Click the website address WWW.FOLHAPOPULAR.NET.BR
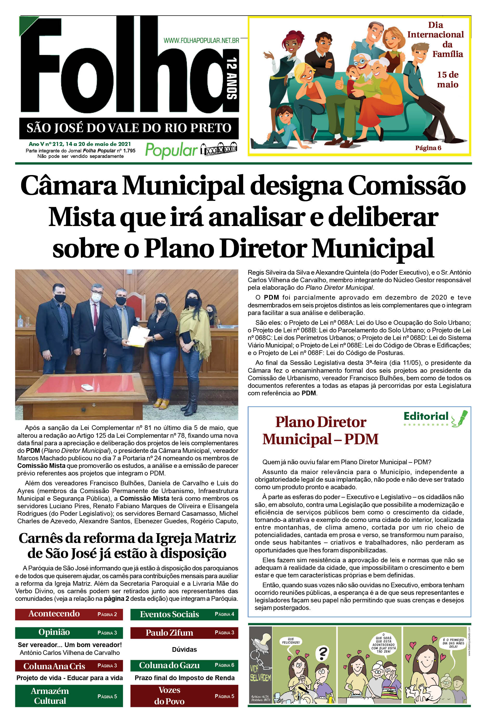pyautogui.click(x=201, y=40)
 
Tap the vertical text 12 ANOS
pyautogui.click(x=232, y=78)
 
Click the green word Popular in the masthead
pyautogui.click(x=171, y=150)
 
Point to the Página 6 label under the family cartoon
pyautogui.click(x=428, y=148)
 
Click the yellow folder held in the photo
pyautogui.click(x=139, y=337)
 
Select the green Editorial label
pyautogui.click(x=426, y=416)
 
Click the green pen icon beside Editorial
pyautogui.click(x=460, y=418)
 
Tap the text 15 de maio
pyautogui.click(x=447, y=80)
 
